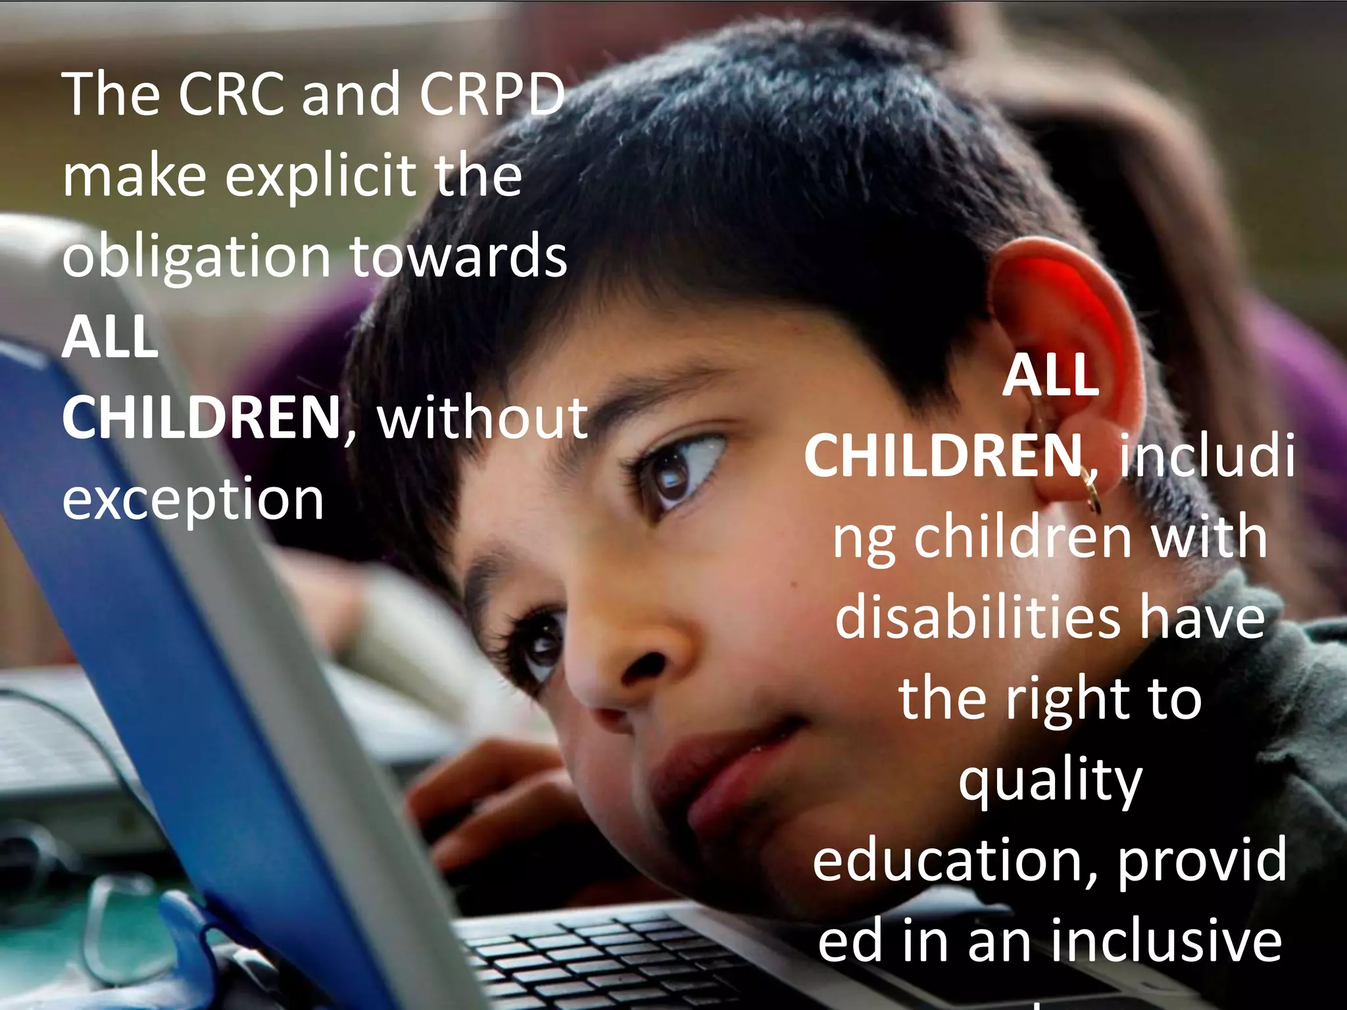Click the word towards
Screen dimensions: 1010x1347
458,256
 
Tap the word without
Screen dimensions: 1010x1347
482,419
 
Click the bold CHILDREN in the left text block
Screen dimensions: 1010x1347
201,419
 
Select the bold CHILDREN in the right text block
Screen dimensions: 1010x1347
943,456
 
